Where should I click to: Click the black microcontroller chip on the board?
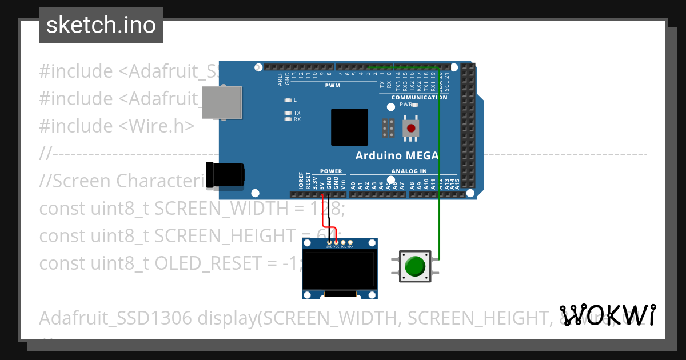click(x=349, y=127)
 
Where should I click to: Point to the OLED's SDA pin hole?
click(x=350, y=243)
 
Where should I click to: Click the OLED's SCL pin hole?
click(x=343, y=243)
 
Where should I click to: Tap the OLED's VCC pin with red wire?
click(x=336, y=243)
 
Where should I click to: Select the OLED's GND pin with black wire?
click(x=329, y=243)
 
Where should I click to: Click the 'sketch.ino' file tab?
click(x=101, y=25)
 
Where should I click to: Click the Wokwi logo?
click(x=608, y=315)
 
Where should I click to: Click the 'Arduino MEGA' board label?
click(x=397, y=155)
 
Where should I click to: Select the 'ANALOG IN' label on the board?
click(x=409, y=171)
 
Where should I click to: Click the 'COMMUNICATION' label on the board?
click(x=419, y=97)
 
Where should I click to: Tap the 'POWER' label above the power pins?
click(x=331, y=171)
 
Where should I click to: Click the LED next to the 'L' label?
click(x=288, y=100)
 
